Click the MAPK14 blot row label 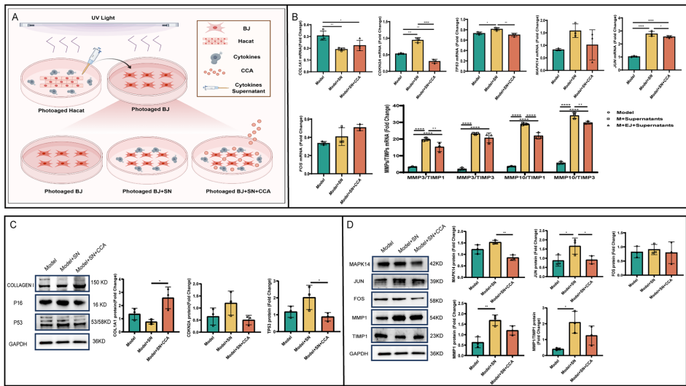(356, 263)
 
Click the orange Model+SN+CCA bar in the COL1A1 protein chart (168, 314)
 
